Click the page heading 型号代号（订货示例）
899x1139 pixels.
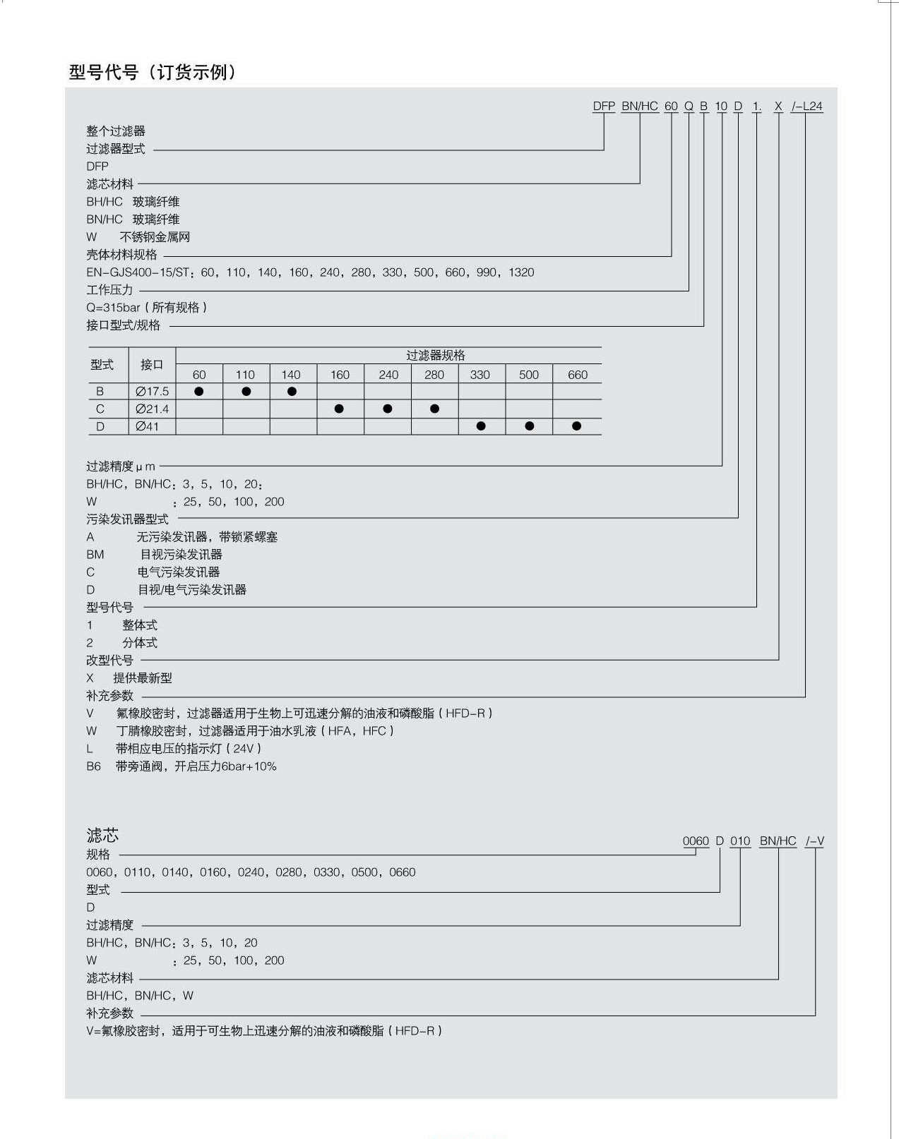click(x=153, y=73)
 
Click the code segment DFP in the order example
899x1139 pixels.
click(x=604, y=107)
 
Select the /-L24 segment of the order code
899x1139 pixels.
click(x=807, y=107)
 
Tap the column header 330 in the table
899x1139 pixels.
click(x=480, y=375)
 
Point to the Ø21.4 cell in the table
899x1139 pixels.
click(x=152, y=409)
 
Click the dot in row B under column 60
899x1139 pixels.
click(x=199, y=392)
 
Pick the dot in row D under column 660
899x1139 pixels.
click(x=577, y=426)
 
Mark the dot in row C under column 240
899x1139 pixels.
click(x=387, y=409)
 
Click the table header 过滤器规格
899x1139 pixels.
click(x=435, y=356)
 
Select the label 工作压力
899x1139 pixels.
click(x=109, y=290)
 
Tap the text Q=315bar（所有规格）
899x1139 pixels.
click(x=147, y=308)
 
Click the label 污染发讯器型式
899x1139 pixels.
click(x=127, y=519)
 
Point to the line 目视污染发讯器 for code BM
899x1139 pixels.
click(x=181, y=555)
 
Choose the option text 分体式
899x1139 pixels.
click(x=140, y=643)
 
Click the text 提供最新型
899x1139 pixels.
click(x=143, y=678)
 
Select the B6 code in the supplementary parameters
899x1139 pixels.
click(x=94, y=766)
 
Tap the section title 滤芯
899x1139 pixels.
click(x=102, y=836)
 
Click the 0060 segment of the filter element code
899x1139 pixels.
click(x=696, y=841)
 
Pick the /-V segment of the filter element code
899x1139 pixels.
click(x=815, y=841)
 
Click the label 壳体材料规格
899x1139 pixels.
click(x=121, y=255)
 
